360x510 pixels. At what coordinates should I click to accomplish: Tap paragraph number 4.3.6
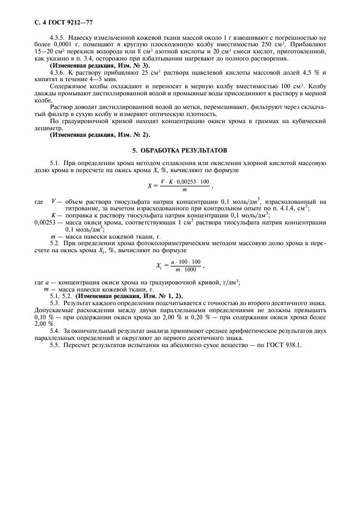[58, 72]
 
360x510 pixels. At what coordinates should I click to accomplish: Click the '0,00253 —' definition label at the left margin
[47, 223]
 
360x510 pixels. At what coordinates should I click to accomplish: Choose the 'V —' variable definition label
[57, 201]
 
